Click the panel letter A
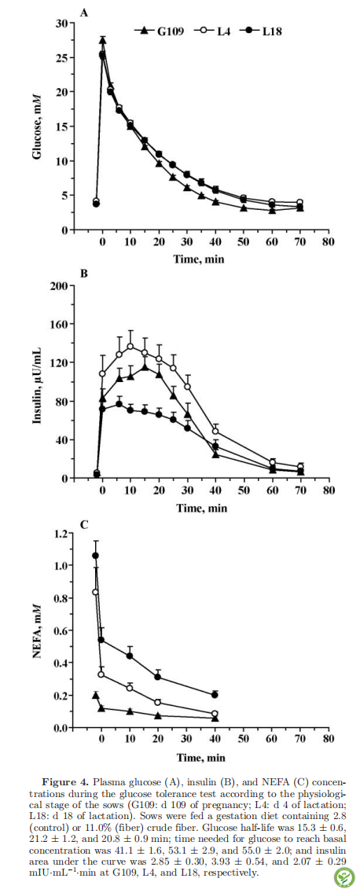pyautogui.click(x=83, y=13)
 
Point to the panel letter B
pyautogui.click(x=83, y=274)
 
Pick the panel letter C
pyautogui.click(x=83, y=524)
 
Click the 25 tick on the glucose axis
pyautogui.click(x=59, y=57)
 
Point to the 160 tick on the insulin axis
pyautogui.click(x=55, y=324)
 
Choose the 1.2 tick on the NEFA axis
pyautogui.click(x=57, y=533)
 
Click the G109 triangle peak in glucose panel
pyautogui.click(x=102, y=40)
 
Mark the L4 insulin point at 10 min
pyautogui.click(x=130, y=346)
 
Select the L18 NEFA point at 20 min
pyautogui.click(x=158, y=677)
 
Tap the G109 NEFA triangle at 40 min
pyautogui.click(x=215, y=718)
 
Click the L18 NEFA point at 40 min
pyautogui.click(x=215, y=695)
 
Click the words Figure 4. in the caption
pyautogui.click(x=65, y=781)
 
